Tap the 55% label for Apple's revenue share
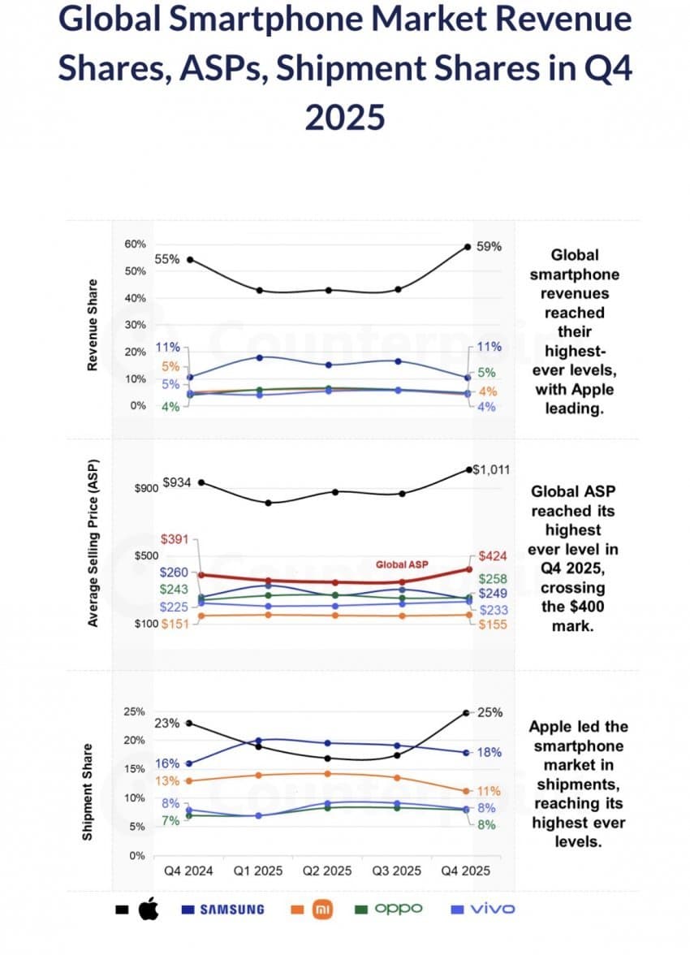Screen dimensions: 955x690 (167, 259)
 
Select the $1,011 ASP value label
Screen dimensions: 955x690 (491, 469)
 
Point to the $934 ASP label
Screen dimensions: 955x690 (177, 482)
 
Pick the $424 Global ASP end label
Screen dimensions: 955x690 (493, 556)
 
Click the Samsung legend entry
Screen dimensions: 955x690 (232, 909)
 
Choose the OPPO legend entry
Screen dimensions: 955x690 (398, 909)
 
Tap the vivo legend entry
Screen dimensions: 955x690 (492, 909)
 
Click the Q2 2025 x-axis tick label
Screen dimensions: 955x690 (327, 871)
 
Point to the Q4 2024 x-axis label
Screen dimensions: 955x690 (188, 871)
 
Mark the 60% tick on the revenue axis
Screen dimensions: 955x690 (135, 244)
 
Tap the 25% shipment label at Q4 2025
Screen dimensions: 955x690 (489, 712)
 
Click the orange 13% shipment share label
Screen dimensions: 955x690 (167, 780)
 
